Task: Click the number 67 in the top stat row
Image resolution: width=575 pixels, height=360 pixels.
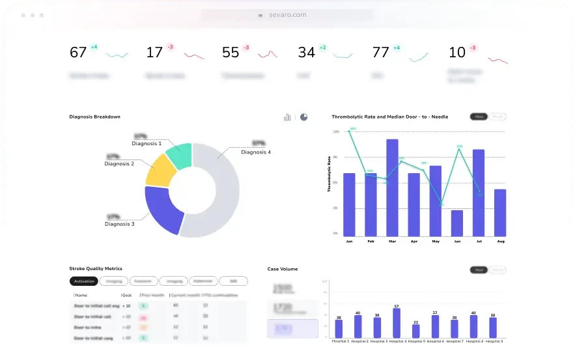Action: pyautogui.click(x=78, y=53)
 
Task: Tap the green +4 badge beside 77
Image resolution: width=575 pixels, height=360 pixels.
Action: pyautogui.click(x=397, y=48)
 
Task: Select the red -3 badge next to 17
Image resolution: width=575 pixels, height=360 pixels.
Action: pyautogui.click(x=170, y=47)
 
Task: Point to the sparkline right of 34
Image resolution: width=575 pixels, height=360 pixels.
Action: pyautogui.click(x=346, y=55)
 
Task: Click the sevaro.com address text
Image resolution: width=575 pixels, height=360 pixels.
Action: pyautogui.click(x=287, y=15)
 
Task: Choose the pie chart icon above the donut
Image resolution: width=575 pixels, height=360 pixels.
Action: pyautogui.click(x=303, y=117)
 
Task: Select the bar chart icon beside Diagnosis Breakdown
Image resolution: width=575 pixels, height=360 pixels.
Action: pyautogui.click(x=287, y=117)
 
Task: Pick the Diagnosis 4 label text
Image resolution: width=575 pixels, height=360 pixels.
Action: pyautogui.click(x=256, y=152)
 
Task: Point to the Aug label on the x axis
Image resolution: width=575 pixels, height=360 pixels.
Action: pyautogui.click(x=500, y=242)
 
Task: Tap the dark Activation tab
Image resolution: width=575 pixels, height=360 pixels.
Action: pyautogui.click(x=83, y=281)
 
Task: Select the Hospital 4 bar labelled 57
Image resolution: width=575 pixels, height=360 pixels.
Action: pyautogui.click(x=397, y=323)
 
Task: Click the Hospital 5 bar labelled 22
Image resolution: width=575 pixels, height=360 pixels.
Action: pyautogui.click(x=416, y=331)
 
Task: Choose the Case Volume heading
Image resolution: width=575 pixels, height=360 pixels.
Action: pyautogui.click(x=283, y=268)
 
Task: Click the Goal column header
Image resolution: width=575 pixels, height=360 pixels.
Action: pyautogui.click(x=128, y=295)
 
